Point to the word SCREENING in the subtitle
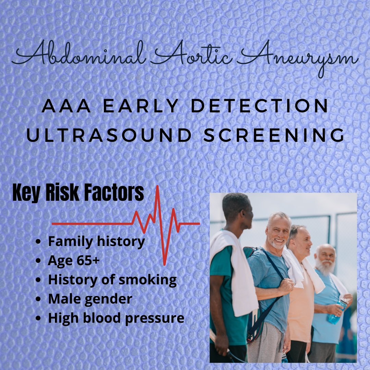[274, 136]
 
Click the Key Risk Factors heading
[78, 194]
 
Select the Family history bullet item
[96, 242]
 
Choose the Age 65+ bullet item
[74, 261]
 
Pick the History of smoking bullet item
[112, 280]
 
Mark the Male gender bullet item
[90, 299]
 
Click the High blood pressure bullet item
[116, 318]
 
